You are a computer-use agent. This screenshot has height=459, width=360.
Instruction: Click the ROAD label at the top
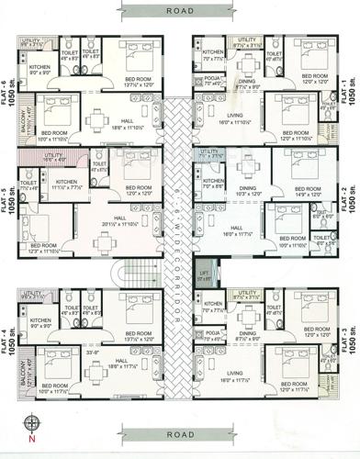[180, 11]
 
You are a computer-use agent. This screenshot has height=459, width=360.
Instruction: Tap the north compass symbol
[32, 424]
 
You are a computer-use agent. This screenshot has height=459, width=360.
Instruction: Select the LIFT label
[205, 273]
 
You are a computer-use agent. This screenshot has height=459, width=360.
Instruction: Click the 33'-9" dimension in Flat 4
[68, 350]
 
